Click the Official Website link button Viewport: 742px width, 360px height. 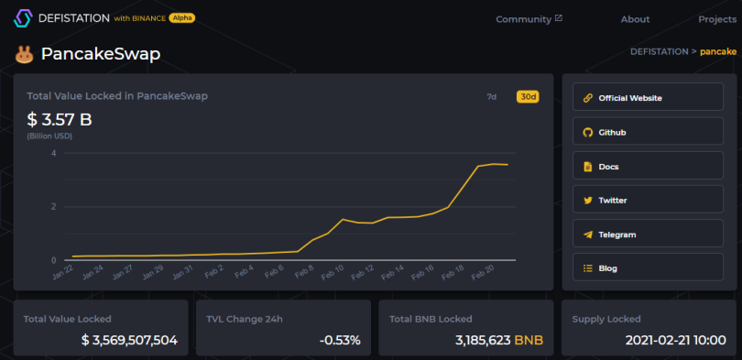648,97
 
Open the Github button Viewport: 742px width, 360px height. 648,131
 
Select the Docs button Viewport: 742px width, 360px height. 648,165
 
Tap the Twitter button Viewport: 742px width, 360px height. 648,199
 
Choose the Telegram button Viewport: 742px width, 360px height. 648,234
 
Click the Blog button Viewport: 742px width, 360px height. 648,267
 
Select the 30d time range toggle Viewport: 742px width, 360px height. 528,97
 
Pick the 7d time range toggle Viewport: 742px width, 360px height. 492,97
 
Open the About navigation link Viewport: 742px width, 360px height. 635,19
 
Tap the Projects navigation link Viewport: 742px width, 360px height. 717,19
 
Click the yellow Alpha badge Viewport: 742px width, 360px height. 181,18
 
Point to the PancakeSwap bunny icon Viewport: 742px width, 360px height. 24,55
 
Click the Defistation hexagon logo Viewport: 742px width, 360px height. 22,18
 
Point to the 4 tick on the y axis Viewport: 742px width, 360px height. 53,153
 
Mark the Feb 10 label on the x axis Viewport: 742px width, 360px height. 333,272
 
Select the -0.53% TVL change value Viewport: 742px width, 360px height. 340,340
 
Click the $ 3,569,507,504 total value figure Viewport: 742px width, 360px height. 129,340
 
